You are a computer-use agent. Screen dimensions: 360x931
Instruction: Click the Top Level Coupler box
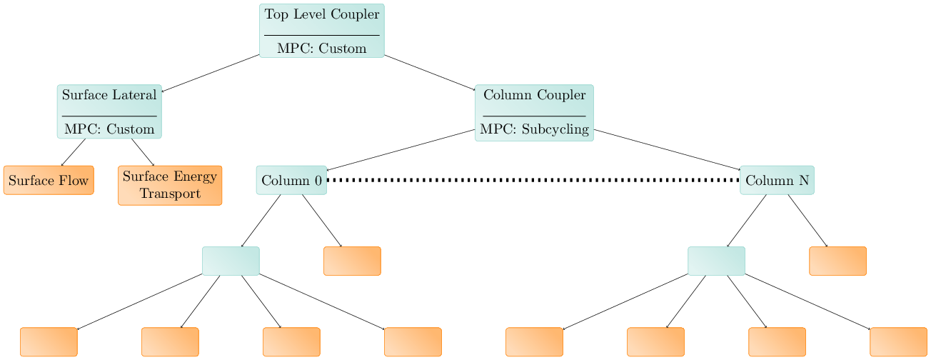pyautogui.click(x=321, y=30)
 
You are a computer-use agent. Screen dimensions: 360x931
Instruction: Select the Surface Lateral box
pyautogui.click(x=109, y=111)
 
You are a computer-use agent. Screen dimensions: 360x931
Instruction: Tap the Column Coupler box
pyautogui.click(x=534, y=112)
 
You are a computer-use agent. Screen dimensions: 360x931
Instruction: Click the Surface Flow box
pyautogui.click(x=49, y=180)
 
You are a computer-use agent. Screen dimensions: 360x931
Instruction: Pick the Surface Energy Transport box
pyautogui.click(x=170, y=185)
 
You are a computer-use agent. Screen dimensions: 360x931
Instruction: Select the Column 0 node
pyautogui.click(x=291, y=180)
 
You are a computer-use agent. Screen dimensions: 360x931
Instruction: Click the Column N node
pyautogui.click(x=777, y=180)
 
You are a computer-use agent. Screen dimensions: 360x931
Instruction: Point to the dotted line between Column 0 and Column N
pyautogui.click(x=533, y=180)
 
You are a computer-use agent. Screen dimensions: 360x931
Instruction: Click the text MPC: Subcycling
pyautogui.click(x=534, y=129)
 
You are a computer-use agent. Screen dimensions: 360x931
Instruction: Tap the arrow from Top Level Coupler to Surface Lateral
pyautogui.click(x=211, y=73)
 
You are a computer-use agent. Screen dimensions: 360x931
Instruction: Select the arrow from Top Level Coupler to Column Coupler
pyautogui.click(x=430, y=72)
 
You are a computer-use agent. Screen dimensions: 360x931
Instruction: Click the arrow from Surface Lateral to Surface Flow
pyautogui.click(x=73, y=152)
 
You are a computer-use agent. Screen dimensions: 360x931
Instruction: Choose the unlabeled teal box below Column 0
pyautogui.click(x=231, y=261)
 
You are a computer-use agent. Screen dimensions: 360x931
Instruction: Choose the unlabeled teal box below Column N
pyautogui.click(x=716, y=261)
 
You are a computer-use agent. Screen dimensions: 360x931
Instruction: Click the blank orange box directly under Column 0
pyautogui.click(x=352, y=261)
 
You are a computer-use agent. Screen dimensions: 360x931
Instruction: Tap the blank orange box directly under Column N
pyautogui.click(x=837, y=261)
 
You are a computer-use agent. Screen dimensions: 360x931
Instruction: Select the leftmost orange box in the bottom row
pyautogui.click(x=49, y=341)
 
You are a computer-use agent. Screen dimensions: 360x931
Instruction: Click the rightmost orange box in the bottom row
pyautogui.click(x=898, y=341)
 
